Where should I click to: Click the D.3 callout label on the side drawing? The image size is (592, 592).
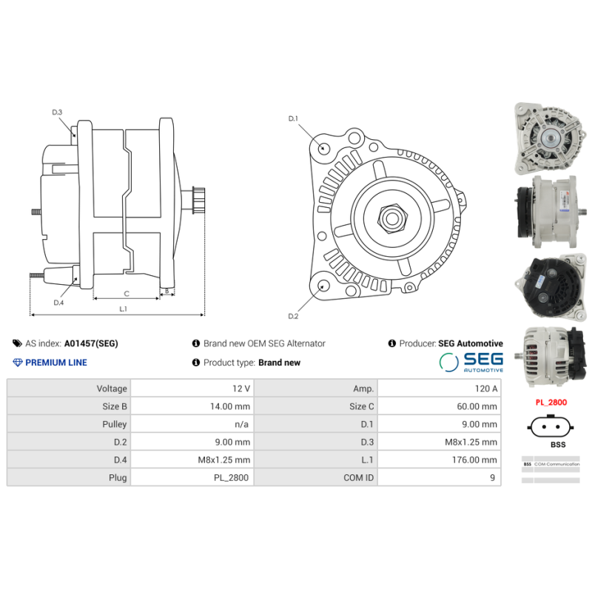pos(57,112)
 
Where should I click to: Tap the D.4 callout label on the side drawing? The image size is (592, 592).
pos(58,302)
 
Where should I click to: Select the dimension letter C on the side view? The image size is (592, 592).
pos(127,293)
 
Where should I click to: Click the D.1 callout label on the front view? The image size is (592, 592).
pos(292,118)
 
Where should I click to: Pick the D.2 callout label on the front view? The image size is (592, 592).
pos(292,316)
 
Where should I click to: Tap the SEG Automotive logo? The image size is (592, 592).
pos(471,362)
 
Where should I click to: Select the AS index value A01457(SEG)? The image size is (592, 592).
pos(91,343)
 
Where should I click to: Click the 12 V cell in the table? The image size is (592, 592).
pos(240,388)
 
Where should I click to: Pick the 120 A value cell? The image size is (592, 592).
pos(485,388)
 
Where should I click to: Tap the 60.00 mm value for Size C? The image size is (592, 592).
pos(478,406)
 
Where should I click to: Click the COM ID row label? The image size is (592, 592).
pos(359,477)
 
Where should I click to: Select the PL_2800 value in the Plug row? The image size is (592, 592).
pos(232,477)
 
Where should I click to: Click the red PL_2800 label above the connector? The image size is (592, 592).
pos(552,402)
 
